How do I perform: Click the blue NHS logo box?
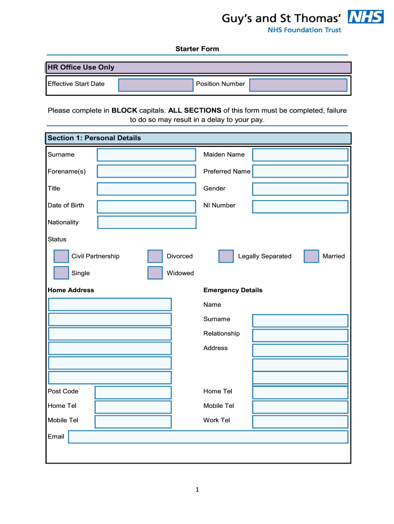click(365, 17)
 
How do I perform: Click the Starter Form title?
click(197, 49)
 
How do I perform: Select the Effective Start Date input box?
click(156, 85)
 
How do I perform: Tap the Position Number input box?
click(298, 85)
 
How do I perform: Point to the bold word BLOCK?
click(124, 111)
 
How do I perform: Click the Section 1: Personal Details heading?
click(94, 138)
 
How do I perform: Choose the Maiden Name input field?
click(300, 155)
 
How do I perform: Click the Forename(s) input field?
click(146, 171)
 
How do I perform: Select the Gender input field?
click(300, 189)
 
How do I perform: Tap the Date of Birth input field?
click(146, 206)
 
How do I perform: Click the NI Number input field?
click(300, 206)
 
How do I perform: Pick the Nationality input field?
click(146, 222)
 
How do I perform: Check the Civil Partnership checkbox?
click(61, 256)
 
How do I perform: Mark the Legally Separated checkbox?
click(226, 256)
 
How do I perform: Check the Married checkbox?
click(311, 256)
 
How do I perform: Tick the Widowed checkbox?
click(155, 273)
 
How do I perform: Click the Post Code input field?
click(133, 392)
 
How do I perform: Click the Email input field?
click(208, 437)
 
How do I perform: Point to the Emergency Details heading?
click(233, 290)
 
